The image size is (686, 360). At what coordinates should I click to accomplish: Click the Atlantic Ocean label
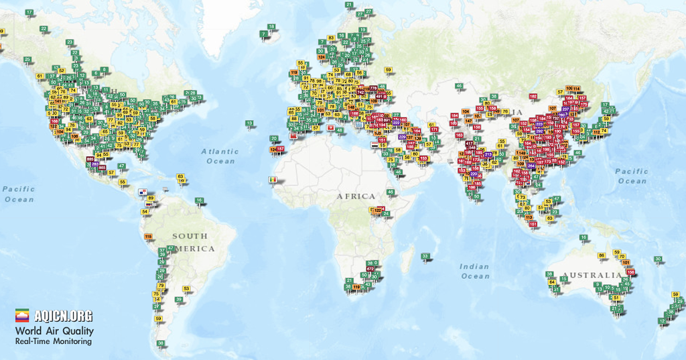[x=220, y=156]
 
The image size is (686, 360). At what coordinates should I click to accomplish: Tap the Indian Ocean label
[x=475, y=272]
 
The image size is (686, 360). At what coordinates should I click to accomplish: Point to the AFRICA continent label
[x=356, y=196]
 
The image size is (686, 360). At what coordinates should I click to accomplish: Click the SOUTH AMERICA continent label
[x=194, y=242]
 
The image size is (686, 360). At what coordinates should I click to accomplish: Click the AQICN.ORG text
[x=64, y=316]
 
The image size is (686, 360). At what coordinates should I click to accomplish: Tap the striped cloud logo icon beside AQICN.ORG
[x=23, y=316]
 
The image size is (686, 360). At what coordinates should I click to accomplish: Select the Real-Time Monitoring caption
[x=54, y=342]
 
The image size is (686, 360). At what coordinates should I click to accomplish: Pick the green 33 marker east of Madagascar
[x=425, y=256]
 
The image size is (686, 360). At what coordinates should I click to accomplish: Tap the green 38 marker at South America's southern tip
[x=161, y=343]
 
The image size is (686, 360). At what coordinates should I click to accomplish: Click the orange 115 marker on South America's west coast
[x=148, y=237]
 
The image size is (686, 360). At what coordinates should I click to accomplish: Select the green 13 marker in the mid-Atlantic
[x=249, y=123]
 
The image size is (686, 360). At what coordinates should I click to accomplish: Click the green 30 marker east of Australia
[x=658, y=259]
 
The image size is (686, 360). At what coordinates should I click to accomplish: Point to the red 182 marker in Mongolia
[x=533, y=97]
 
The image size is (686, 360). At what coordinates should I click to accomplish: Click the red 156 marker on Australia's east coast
[x=630, y=272]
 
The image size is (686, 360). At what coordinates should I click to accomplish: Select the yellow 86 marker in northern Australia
[x=602, y=255]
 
